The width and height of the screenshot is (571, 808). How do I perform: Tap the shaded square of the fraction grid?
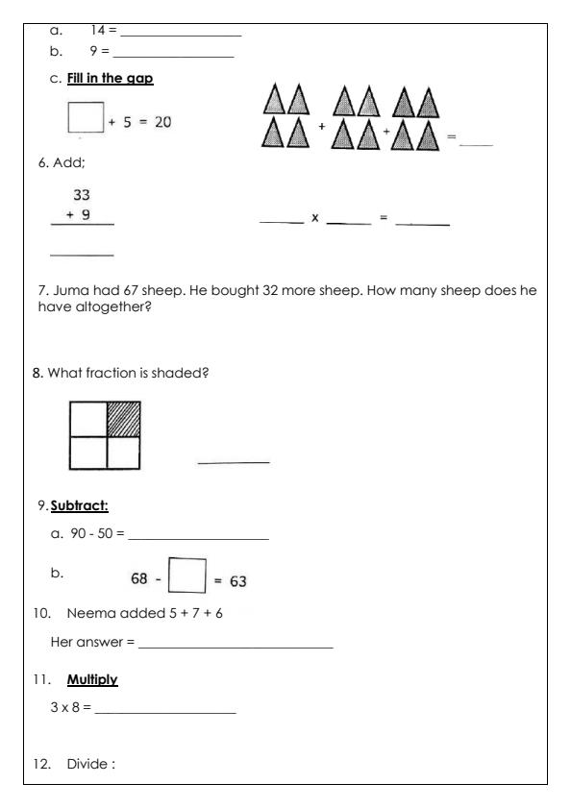pos(123,419)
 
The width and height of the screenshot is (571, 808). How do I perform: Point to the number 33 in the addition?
pos(83,194)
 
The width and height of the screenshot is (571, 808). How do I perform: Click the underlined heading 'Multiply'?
pos(92,680)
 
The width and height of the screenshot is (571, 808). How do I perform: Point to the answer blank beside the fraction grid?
pos(233,461)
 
